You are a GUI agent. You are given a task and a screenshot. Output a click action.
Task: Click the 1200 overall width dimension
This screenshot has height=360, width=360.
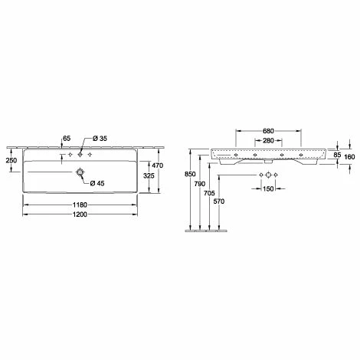(80, 214)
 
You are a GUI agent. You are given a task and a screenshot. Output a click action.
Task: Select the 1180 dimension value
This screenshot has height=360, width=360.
(80, 205)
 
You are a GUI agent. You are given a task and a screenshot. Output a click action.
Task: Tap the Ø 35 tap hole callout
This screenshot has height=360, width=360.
(100, 139)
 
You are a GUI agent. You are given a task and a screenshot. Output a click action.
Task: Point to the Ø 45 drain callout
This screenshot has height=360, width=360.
(97, 183)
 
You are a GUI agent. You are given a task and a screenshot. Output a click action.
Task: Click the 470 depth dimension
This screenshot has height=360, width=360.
(158, 165)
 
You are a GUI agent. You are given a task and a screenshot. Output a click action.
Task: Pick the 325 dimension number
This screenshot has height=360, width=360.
(149, 175)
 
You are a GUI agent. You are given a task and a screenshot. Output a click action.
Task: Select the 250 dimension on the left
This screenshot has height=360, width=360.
(11, 160)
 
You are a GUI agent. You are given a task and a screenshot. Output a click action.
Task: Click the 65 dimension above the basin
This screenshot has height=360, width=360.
(67, 139)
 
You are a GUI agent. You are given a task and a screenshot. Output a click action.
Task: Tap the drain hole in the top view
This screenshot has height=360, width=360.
(80, 172)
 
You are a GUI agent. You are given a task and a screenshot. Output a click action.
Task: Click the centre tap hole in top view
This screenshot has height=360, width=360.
(80, 155)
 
